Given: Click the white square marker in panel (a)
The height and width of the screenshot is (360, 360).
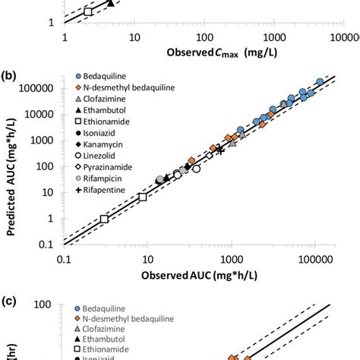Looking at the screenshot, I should pyautogui.click(x=89, y=11).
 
